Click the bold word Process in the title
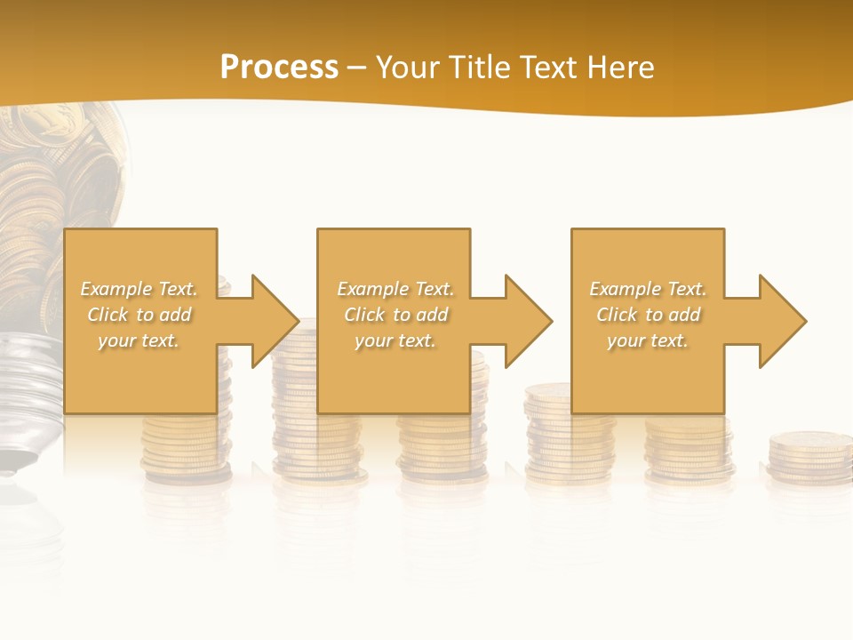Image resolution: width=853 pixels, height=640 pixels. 279,67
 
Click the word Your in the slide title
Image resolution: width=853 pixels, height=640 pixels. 410,68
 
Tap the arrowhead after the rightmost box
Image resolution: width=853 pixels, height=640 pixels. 781,321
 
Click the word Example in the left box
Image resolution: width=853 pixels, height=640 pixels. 116,289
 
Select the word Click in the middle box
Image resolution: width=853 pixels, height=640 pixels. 363,315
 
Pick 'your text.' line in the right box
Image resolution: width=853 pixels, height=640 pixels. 648,340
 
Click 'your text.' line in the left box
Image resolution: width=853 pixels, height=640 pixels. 139,340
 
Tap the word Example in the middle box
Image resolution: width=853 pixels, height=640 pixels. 372,289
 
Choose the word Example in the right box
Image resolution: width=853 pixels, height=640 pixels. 625,289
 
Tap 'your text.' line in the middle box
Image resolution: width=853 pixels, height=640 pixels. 395,340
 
